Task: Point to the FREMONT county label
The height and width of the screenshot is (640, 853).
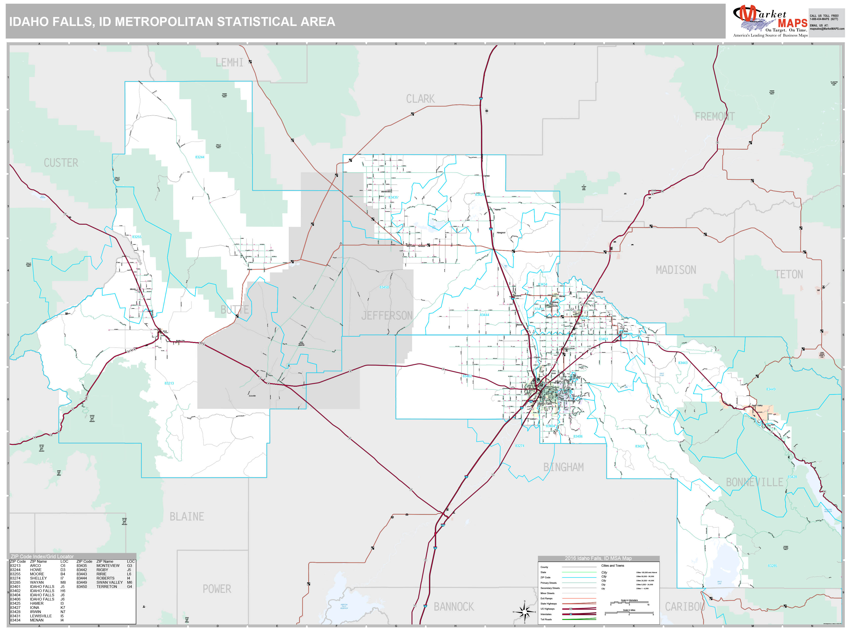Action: (x=714, y=117)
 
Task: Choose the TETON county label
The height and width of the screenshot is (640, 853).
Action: (x=789, y=275)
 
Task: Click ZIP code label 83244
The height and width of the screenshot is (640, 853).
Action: (x=199, y=157)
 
